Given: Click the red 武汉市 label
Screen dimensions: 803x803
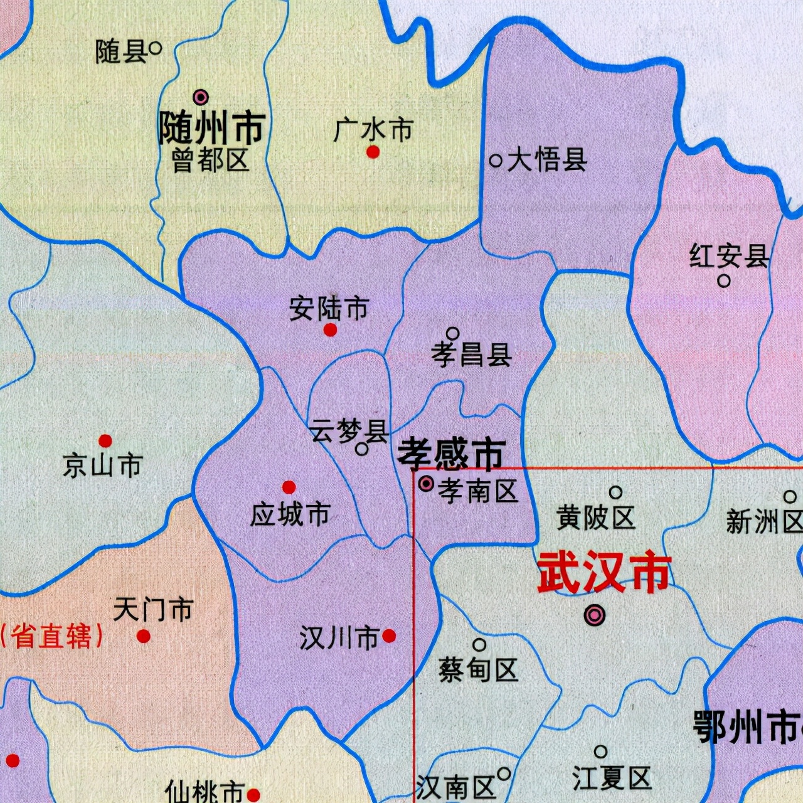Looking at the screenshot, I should tap(604, 573).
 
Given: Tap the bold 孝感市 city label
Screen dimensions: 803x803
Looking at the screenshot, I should tap(452, 454).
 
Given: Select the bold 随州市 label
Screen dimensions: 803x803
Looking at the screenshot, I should tap(211, 128).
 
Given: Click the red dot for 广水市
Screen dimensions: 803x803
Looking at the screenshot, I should tap(373, 152).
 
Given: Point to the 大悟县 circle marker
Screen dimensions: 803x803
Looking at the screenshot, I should tap(496, 161).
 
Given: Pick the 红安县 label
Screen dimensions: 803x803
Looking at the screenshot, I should tap(728, 257).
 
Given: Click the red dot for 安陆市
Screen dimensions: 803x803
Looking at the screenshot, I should tap(330, 330).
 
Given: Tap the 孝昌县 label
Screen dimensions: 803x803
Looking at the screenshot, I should tap(471, 356).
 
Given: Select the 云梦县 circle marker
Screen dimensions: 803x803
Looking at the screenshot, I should tap(362, 449).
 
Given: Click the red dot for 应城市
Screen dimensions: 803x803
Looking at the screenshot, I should tap(289, 487).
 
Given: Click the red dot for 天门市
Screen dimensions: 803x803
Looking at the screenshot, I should tap(144, 636).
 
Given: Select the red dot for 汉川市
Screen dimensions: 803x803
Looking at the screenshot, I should tap(389, 636).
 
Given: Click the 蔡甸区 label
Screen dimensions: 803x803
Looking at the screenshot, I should tap(478, 670).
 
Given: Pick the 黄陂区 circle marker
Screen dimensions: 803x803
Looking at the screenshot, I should tap(616, 492).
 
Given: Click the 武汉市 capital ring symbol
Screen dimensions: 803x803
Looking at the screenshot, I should tap(594, 615).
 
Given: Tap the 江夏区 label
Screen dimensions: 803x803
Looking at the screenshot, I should tap(611, 779).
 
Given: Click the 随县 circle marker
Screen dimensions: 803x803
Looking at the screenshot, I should tap(156, 47).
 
